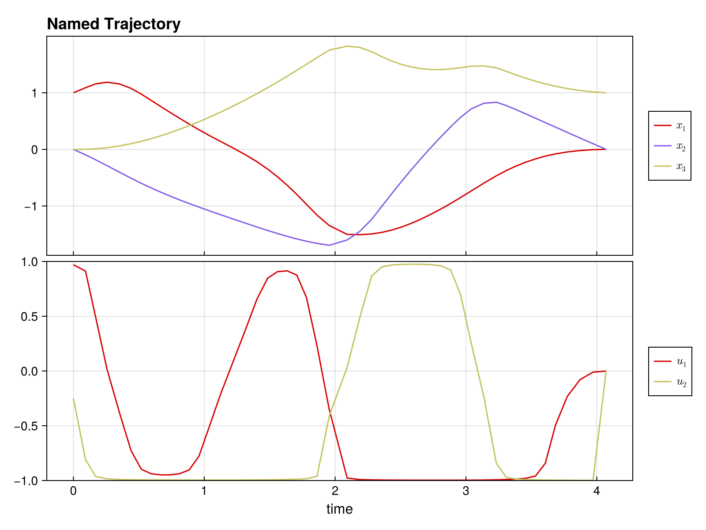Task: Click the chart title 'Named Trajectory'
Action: pos(113,24)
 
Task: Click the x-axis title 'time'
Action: pos(339,509)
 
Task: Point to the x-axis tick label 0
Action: pos(73,492)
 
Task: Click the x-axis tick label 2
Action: pos(335,492)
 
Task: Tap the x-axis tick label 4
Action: pos(597,492)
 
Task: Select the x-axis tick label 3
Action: pos(466,492)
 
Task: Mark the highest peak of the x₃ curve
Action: pos(348,46)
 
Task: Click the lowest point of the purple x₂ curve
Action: pos(329,245)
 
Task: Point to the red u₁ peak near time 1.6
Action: pos(287,271)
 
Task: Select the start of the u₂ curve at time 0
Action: pos(74,398)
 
